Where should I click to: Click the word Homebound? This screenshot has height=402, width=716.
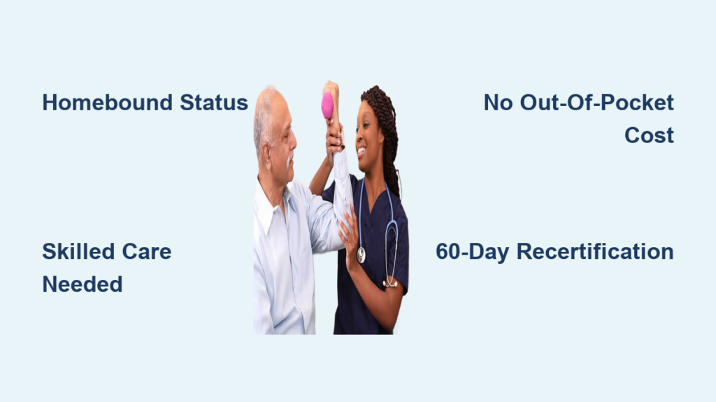click(x=107, y=103)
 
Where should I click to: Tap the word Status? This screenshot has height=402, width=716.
click(x=214, y=103)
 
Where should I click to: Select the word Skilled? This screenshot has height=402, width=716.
click(x=78, y=251)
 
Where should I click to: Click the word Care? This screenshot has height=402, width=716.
click(x=147, y=251)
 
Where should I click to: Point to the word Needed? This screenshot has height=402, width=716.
click(x=83, y=285)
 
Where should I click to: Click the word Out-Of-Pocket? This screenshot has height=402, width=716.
click(x=597, y=103)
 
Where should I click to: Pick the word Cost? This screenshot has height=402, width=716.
click(x=649, y=135)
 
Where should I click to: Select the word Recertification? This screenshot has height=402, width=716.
click(x=595, y=251)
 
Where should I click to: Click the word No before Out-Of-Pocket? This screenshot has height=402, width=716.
click(x=498, y=103)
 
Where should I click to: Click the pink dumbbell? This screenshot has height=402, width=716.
click(x=327, y=106)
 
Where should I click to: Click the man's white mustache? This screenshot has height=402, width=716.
click(x=289, y=160)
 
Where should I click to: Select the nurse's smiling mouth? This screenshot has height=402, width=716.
click(x=361, y=150)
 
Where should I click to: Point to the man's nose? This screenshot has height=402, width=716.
click(x=293, y=142)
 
